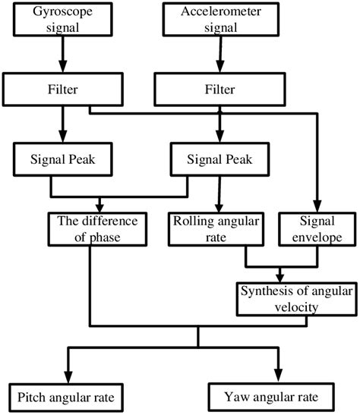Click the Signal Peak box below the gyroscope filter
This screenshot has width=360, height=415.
[x=51, y=161]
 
